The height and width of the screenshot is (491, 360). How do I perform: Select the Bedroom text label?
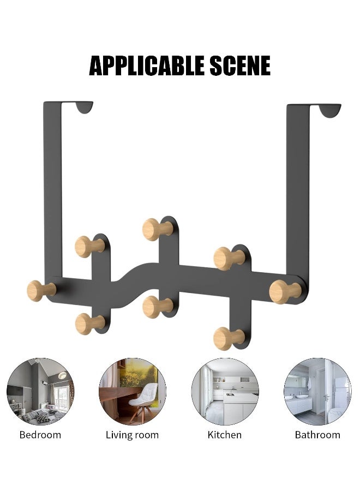(40, 435)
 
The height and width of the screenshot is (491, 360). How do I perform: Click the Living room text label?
(132, 435)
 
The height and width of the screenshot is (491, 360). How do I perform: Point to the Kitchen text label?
(225, 435)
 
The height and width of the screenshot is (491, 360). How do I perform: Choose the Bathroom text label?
(317, 435)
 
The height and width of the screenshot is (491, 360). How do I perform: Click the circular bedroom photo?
(40, 391)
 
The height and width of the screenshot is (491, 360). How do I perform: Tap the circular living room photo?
(132, 391)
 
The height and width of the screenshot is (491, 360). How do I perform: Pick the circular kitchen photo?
(225, 391)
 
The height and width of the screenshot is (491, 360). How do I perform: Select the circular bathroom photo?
(317, 391)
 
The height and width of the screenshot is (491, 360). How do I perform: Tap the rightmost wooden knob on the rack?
(283, 291)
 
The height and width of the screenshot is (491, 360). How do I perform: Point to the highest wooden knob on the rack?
(155, 229)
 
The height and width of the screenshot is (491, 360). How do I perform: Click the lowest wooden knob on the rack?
(226, 338)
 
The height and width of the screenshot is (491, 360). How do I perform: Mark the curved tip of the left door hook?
(85, 107)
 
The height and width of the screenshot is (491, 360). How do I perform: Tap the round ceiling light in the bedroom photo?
(62, 375)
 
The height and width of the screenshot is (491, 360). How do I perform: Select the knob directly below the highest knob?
(155, 307)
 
